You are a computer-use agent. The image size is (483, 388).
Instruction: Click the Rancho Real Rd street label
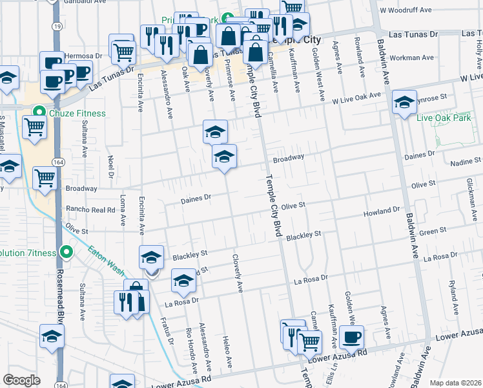coord(90,210)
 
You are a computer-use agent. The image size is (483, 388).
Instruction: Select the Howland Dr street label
coord(382,211)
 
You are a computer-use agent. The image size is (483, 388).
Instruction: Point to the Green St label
coord(433,230)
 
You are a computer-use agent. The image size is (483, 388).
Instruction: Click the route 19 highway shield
coord(57,26)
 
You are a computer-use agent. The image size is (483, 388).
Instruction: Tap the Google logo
coord(21,380)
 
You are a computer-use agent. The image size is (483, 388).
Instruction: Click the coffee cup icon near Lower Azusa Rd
coord(352,336)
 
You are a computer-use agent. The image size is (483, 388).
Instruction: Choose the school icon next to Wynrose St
coord(404,103)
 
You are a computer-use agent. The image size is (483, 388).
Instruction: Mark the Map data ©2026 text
coord(455,383)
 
